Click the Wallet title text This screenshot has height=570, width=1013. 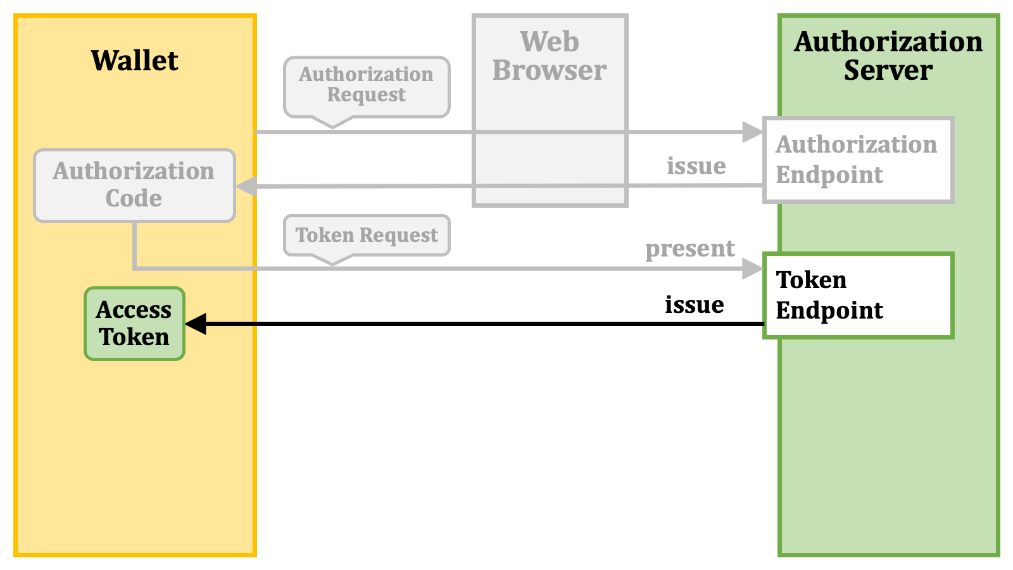click(x=135, y=60)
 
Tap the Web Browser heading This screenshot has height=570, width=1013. click(x=550, y=56)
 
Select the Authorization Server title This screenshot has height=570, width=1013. click(x=888, y=56)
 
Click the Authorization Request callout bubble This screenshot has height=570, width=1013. click(x=367, y=87)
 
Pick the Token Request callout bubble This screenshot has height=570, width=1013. click(x=367, y=235)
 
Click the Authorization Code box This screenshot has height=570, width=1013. click(x=134, y=186)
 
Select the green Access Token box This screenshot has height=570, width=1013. click(x=134, y=324)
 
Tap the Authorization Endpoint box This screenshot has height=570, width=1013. click(x=859, y=160)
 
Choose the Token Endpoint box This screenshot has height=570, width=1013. click(x=859, y=295)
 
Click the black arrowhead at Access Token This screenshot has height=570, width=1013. click(x=196, y=324)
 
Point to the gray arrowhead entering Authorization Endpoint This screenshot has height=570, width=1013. click(x=753, y=132)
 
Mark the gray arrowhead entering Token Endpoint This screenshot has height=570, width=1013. click(x=753, y=269)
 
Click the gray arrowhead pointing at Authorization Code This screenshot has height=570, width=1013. click(x=246, y=186)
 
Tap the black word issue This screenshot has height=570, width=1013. click(x=694, y=305)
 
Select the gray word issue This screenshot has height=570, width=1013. click(x=696, y=165)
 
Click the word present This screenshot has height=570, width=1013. click(x=690, y=249)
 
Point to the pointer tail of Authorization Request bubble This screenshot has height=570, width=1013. click(x=333, y=122)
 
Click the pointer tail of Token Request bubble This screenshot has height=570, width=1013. click(x=333, y=260)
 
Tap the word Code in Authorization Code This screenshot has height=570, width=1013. click(x=134, y=198)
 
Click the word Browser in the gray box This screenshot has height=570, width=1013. click(x=550, y=70)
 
